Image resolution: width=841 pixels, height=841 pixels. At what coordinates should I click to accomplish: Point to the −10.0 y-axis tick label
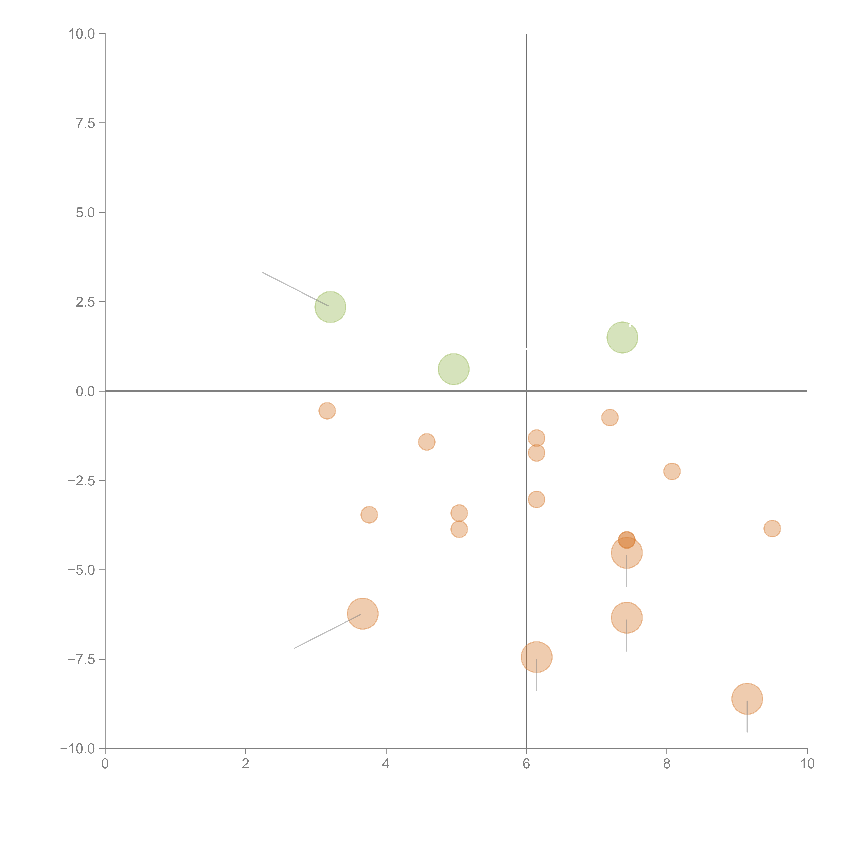(78, 749)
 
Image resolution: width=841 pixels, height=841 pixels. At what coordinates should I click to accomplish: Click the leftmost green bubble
(330, 307)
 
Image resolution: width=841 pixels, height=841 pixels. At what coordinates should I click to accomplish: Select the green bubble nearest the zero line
(454, 369)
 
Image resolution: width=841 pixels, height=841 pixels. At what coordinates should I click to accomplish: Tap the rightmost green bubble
(623, 337)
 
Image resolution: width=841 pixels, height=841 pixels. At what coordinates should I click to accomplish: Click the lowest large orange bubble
(747, 699)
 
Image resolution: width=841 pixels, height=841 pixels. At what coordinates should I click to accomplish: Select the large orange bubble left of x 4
(363, 614)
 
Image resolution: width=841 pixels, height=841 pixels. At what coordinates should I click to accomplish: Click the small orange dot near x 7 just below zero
(610, 417)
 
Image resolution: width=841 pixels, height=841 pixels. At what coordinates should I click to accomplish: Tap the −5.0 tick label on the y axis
(81, 570)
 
